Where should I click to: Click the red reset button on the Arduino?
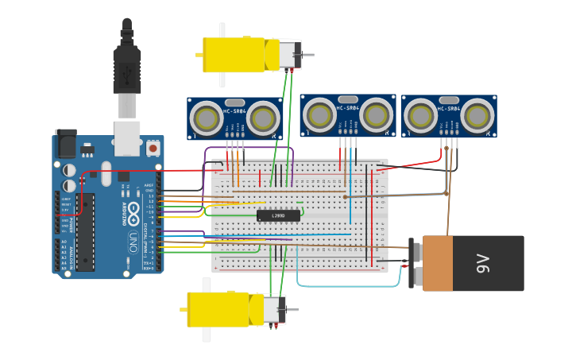pyautogui.click(x=153, y=147)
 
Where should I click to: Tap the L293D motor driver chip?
pyautogui.click(x=278, y=215)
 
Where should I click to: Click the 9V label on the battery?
pyautogui.click(x=482, y=264)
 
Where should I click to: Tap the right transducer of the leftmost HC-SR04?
pyautogui.click(x=262, y=118)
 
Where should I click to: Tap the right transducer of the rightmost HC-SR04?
pyautogui.click(x=476, y=116)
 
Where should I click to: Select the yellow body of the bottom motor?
pyautogui.click(x=218, y=309)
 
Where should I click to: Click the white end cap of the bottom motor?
pyautogui.click(x=274, y=309)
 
